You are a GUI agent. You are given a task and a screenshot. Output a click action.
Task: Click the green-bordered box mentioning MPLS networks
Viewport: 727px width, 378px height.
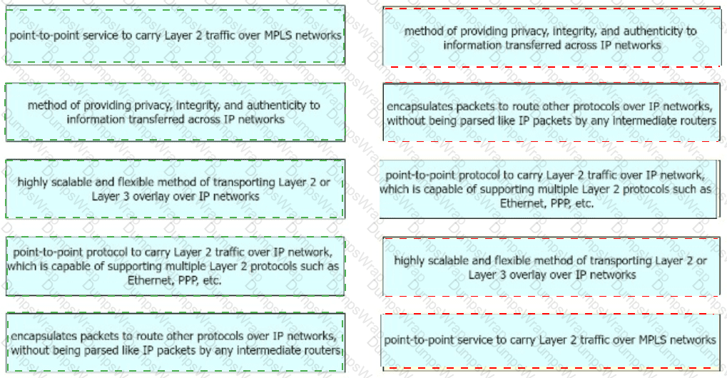click(x=176, y=35)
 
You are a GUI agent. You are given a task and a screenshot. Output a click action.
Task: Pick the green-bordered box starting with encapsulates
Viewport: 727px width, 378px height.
click(x=176, y=342)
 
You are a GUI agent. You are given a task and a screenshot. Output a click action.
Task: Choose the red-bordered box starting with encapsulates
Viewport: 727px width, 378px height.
click(x=551, y=112)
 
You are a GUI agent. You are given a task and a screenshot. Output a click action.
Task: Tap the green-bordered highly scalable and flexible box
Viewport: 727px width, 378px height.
click(x=176, y=189)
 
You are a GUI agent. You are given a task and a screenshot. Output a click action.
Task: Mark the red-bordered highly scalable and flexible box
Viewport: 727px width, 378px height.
click(x=551, y=267)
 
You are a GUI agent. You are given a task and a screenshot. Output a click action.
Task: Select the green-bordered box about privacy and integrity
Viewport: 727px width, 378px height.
click(x=176, y=112)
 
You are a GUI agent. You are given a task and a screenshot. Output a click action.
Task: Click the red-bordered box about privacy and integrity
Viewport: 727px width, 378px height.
click(x=551, y=37)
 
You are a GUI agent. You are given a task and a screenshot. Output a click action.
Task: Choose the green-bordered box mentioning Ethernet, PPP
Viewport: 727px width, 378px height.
click(x=176, y=266)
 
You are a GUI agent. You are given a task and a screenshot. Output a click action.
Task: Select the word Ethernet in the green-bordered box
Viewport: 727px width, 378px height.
click(x=148, y=280)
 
